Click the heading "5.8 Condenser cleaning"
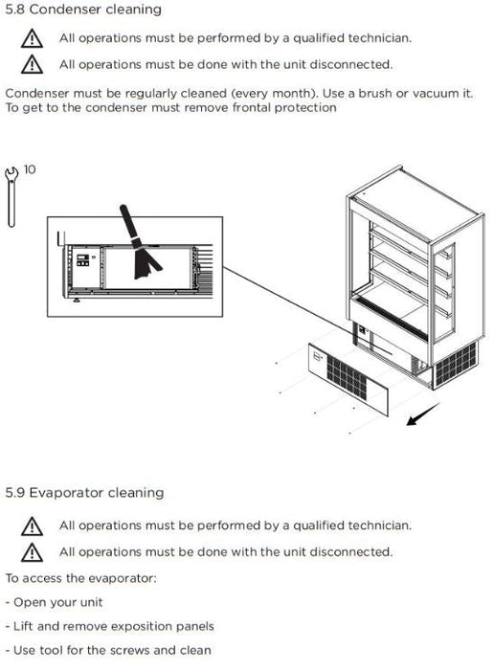pyautogui.click(x=83, y=9)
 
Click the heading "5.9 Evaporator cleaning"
pyautogui.click(x=84, y=493)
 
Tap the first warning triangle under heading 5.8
pyautogui.click(x=32, y=38)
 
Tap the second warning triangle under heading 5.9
pyautogui.click(x=32, y=552)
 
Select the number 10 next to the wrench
pyautogui.click(x=30, y=169)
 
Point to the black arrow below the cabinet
pyautogui.click(x=422, y=414)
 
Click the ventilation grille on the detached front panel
pyautogui.click(x=347, y=376)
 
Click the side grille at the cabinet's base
pyautogui.click(x=456, y=363)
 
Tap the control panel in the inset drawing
pyautogui.click(x=83, y=260)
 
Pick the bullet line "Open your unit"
pyautogui.click(x=55, y=602)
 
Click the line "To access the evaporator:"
pyautogui.click(x=81, y=578)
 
